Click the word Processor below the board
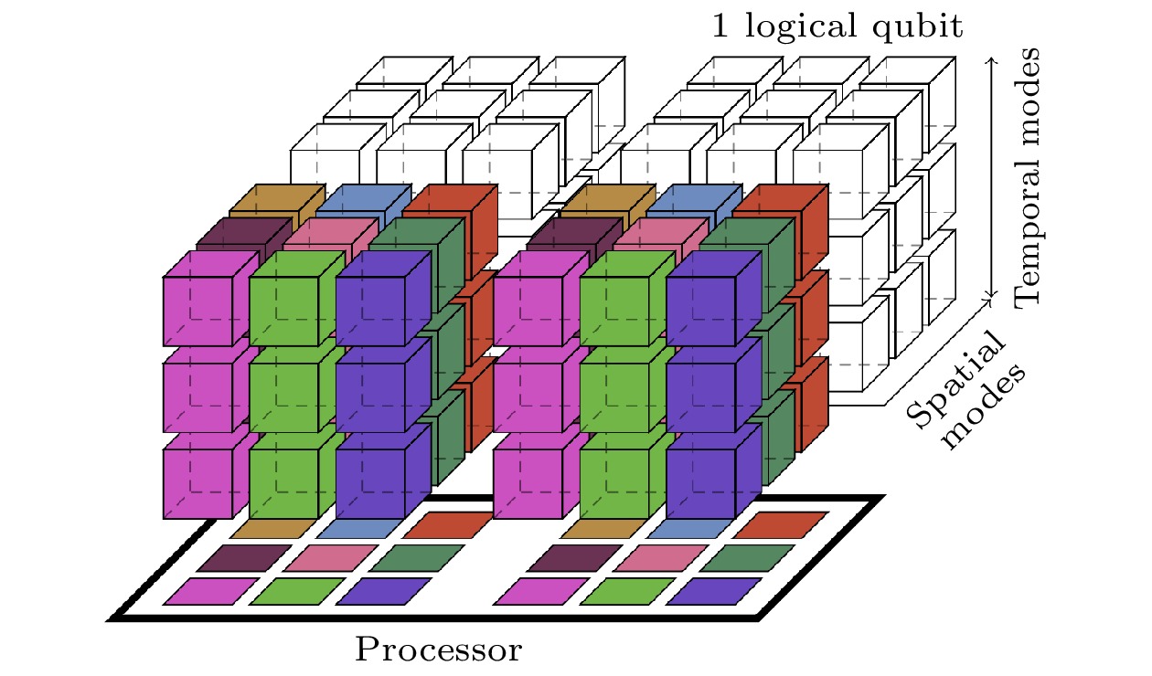point(438,650)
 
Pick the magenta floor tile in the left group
point(211,591)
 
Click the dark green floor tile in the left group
point(417,557)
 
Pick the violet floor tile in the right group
point(714,591)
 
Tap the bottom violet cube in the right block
point(700,484)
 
